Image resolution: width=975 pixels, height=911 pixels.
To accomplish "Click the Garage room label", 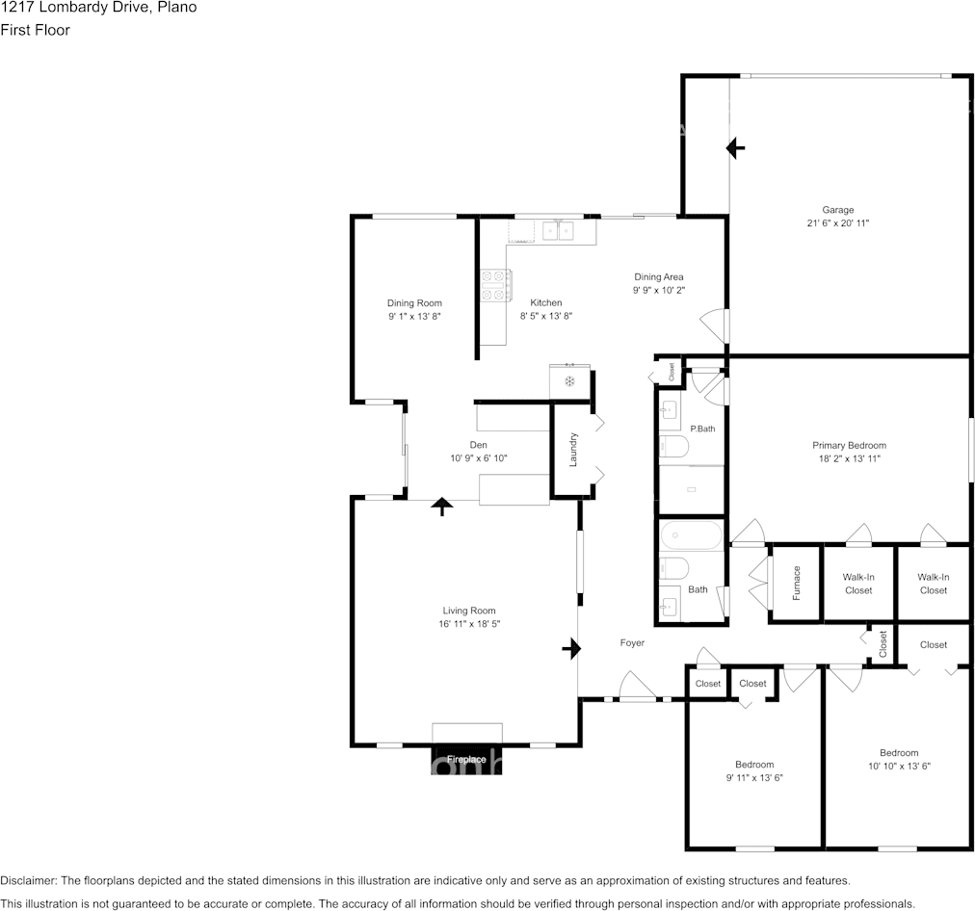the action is pos(837,210).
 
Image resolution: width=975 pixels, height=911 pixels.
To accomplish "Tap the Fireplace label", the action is pos(466,760).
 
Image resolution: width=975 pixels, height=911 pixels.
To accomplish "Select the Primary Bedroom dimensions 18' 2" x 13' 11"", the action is pos(850,458).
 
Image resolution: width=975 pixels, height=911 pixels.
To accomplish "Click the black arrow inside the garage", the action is pos(736,148).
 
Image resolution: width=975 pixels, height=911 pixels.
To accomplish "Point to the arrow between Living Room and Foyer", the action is pos(571,649).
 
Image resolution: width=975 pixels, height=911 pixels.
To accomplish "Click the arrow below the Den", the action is pos(442,507).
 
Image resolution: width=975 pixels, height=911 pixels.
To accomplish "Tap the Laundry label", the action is pos(573,450).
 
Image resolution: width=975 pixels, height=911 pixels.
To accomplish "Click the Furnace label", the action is pos(797,583).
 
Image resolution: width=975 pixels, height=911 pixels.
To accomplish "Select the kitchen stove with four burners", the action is pos(495,285).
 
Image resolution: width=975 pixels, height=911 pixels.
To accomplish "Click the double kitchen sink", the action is pos(559,230).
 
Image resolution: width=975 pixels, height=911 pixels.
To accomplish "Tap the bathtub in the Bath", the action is pos(692,535).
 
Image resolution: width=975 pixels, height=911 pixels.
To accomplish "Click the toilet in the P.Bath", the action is pos(674,446).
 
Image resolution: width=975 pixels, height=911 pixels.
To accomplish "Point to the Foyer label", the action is pos(632,642).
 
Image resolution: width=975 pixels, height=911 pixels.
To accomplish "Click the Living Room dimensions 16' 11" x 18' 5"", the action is pos(469,623).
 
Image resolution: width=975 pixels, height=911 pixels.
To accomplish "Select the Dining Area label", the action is pos(658,276).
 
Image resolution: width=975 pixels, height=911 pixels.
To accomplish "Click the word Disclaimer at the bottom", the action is pos(29,880).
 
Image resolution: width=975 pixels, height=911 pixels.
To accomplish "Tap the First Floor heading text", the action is pos(35,30).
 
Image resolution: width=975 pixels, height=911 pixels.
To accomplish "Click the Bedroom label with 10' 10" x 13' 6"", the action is pos(899,752).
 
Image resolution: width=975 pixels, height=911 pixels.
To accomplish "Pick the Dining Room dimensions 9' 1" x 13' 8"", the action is pos(414,316).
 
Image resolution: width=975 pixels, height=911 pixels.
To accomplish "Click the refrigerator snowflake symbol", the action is pos(569,381).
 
